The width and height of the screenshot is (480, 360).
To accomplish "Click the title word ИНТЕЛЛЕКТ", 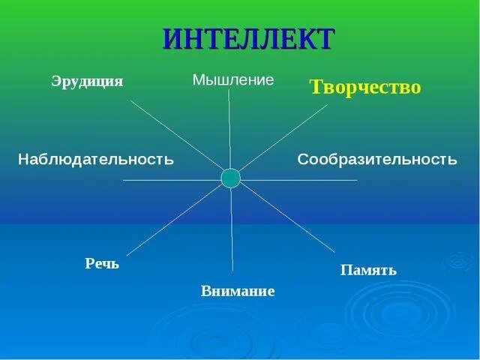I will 247,38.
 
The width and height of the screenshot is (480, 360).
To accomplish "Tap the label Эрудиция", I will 87,81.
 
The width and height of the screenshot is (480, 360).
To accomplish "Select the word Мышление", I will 233,79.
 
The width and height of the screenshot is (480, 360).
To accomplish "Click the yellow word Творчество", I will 365,87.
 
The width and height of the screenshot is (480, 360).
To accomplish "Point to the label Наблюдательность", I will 96,159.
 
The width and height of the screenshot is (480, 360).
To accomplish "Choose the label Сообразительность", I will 377,159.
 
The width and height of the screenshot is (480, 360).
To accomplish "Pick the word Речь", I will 102,264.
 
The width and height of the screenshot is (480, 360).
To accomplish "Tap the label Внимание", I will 238,291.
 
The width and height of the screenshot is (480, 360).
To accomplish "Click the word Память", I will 368,269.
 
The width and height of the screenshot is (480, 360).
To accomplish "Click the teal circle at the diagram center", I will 231,178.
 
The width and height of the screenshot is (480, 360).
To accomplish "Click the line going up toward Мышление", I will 229,127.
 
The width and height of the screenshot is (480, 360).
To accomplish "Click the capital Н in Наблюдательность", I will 24,159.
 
